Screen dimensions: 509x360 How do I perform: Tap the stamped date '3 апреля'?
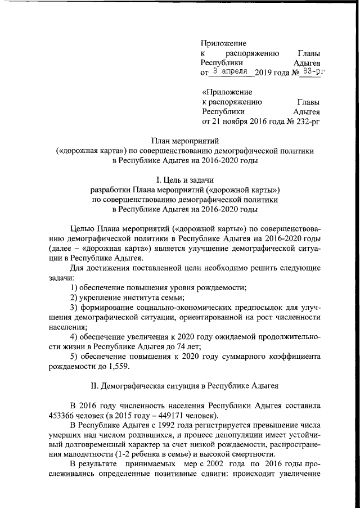click(x=232, y=71)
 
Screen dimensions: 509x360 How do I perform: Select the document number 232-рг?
click(x=304, y=121)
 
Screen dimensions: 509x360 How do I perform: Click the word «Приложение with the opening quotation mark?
click(x=227, y=92)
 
